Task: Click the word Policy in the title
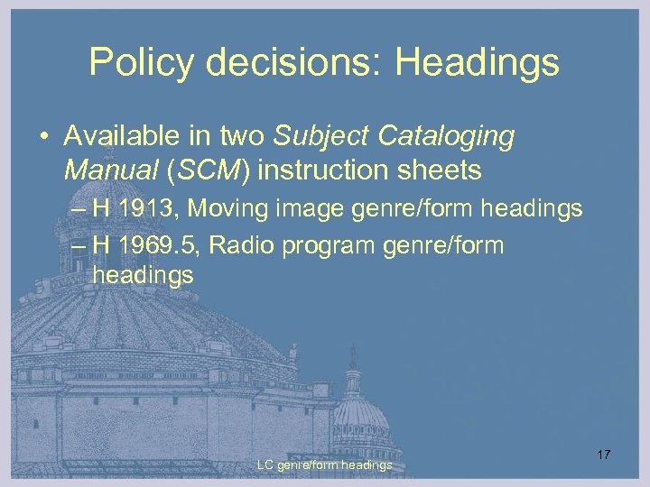pos(141,63)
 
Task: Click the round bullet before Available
pos(43,138)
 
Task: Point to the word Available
pos(119,137)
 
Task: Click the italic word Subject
pos(323,137)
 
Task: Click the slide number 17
pos(603,455)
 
